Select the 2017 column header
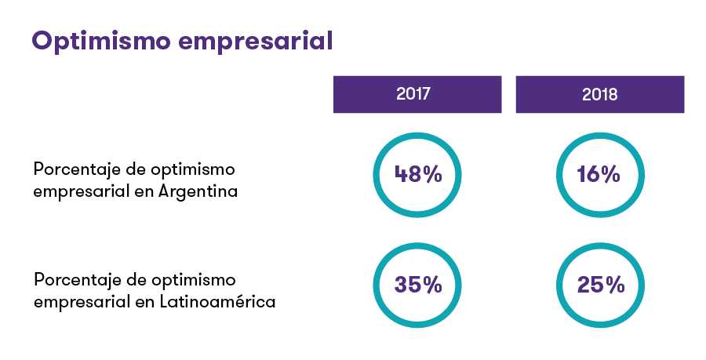(417, 95)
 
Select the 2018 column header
(599, 95)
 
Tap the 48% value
(417, 174)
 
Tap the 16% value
(599, 174)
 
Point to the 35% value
(417, 285)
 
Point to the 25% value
(600, 285)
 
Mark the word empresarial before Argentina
(81, 191)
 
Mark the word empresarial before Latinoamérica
(81, 301)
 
